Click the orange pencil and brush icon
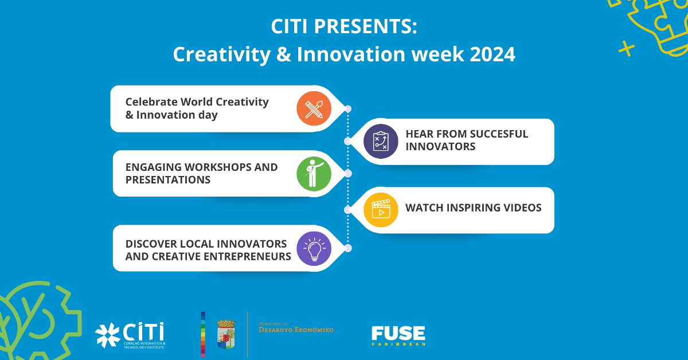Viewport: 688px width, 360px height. click(x=314, y=108)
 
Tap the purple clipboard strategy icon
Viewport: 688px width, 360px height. click(x=381, y=141)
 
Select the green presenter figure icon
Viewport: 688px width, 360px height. click(x=314, y=173)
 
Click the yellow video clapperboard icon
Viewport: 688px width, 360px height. click(x=381, y=209)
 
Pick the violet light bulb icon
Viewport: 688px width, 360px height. click(x=314, y=249)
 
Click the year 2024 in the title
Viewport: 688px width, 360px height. click(x=492, y=54)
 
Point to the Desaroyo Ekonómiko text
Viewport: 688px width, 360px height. click(x=296, y=329)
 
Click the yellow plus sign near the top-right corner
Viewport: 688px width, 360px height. click(x=627, y=49)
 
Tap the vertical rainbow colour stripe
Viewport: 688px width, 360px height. click(x=203, y=334)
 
